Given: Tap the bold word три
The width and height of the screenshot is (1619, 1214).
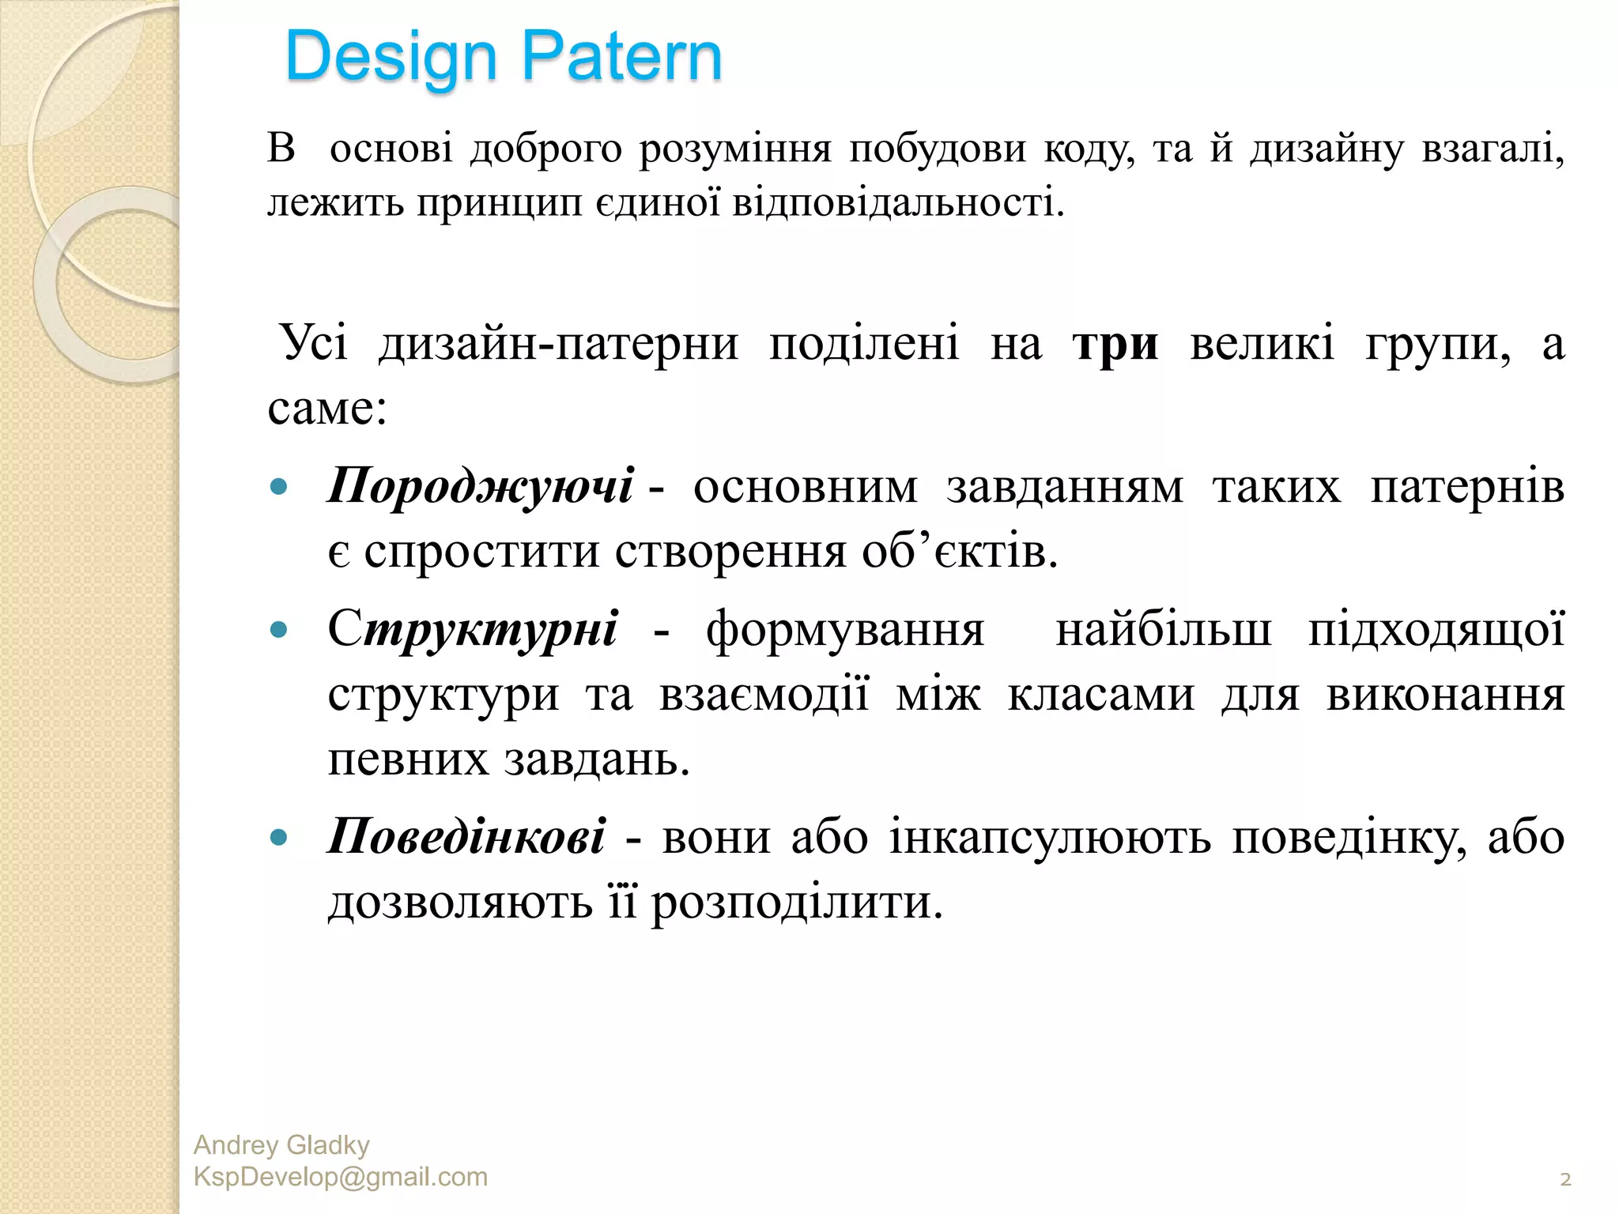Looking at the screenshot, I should coord(1115,345).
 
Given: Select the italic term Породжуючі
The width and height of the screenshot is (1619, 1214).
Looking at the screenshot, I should coord(481,485).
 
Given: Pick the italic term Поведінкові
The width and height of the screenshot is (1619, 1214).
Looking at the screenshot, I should coord(467,836).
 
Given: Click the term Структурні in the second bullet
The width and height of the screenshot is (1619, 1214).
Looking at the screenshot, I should coord(473,630).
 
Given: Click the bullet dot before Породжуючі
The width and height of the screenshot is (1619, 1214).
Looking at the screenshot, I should coord(278,486).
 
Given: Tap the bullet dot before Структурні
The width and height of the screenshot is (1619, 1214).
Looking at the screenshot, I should coord(278,630).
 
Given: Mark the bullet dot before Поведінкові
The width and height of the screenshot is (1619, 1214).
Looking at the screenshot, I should coord(278,837).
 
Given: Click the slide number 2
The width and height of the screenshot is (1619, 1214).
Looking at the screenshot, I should coord(1565,1180).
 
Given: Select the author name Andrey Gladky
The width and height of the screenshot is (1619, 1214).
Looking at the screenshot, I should coord(281,1145).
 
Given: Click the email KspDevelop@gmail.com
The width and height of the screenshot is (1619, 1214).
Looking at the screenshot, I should coord(341,1177).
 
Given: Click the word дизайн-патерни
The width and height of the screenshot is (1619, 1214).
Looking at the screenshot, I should coord(559,345).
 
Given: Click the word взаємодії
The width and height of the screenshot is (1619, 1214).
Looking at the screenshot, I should coord(764,696).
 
